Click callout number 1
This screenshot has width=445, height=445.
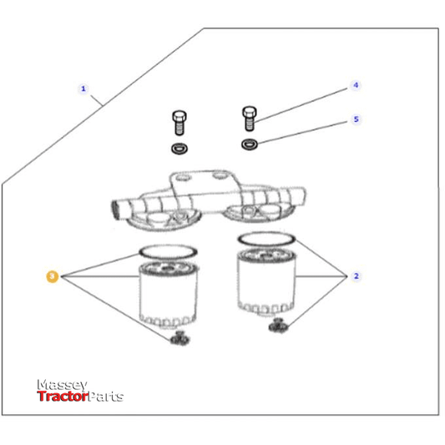pyautogui.click(x=83, y=88)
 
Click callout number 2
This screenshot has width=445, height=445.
pyautogui.click(x=357, y=276)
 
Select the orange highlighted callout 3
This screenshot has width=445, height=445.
pyautogui.click(x=53, y=276)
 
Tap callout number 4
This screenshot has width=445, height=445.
pyautogui.click(x=355, y=85)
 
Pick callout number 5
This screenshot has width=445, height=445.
pyautogui.click(x=356, y=119)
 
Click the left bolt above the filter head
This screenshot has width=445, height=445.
pyautogui.click(x=178, y=124)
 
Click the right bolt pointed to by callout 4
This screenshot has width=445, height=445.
pyautogui.click(x=248, y=119)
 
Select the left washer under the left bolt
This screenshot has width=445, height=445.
pyautogui.click(x=178, y=149)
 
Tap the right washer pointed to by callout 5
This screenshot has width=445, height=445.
pyautogui.click(x=249, y=145)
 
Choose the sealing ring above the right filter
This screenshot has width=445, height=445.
pyautogui.click(x=265, y=240)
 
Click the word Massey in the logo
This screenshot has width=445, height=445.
pyautogui.click(x=62, y=385)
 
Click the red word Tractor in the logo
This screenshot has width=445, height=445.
pyautogui.click(x=63, y=397)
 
